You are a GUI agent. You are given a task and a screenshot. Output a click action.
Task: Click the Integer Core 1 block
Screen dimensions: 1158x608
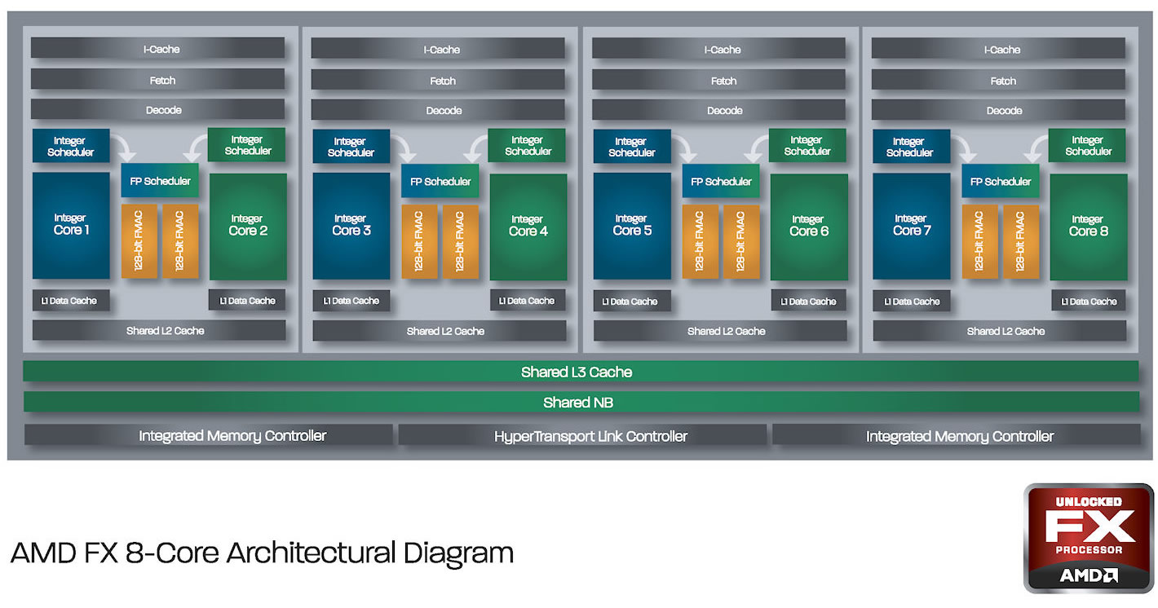pos(71,226)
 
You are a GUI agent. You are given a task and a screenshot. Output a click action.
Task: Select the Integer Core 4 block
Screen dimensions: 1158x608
pos(528,227)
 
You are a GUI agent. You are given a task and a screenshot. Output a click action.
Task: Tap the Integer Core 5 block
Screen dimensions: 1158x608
pos(632,227)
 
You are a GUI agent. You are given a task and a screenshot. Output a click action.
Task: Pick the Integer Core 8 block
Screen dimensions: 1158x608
pos(1088,227)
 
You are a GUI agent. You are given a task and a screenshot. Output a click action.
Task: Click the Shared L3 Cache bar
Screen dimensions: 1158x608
pos(581,372)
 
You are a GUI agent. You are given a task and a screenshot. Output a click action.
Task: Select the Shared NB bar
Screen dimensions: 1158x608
pos(581,402)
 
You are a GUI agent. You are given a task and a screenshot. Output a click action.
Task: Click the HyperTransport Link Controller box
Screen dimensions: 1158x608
pos(582,435)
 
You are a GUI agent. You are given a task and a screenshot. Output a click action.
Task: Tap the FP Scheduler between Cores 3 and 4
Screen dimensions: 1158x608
pos(440,181)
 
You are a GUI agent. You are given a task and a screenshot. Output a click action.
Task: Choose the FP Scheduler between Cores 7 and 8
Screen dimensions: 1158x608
pos(1001,181)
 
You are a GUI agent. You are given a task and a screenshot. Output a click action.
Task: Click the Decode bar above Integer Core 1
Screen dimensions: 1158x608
pos(157,109)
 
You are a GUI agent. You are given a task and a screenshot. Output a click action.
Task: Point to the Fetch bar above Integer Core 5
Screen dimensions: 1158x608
pos(718,80)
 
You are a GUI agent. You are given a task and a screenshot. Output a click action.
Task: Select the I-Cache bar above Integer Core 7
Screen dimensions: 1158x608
pos(998,49)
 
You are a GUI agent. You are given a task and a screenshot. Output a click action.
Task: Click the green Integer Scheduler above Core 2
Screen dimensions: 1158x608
pos(246,144)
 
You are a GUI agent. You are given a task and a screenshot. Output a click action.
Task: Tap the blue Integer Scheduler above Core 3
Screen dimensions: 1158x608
pos(351,146)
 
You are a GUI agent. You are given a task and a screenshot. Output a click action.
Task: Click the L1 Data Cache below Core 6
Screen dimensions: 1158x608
pos(808,301)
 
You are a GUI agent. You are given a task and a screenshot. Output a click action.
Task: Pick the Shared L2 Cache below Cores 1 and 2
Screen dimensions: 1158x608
pos(159,330)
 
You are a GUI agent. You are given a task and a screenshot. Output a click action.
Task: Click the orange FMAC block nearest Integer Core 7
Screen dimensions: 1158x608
pos(979,242)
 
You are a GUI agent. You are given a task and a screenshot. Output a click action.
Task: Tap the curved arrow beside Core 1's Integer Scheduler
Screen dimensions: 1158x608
pos(124,146)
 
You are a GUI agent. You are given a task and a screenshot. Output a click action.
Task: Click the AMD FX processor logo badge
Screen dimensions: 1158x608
pos(1088,538)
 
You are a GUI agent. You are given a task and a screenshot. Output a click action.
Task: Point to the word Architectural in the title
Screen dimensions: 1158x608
pos(311,553)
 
